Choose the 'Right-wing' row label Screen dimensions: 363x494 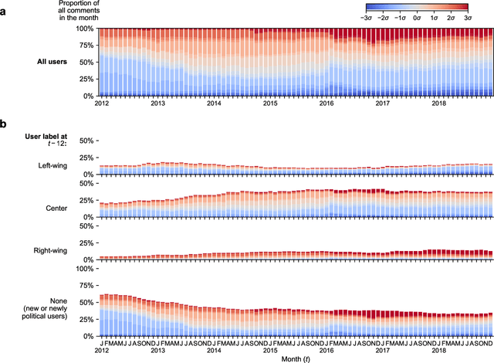click(62, 249)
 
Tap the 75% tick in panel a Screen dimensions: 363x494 click(85, 46)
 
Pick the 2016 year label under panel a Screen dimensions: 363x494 click(327, 103)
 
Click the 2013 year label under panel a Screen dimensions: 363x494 click(157, 103)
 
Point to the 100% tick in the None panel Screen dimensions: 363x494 click(83, 270)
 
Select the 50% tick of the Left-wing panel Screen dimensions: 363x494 click(85, 141)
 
